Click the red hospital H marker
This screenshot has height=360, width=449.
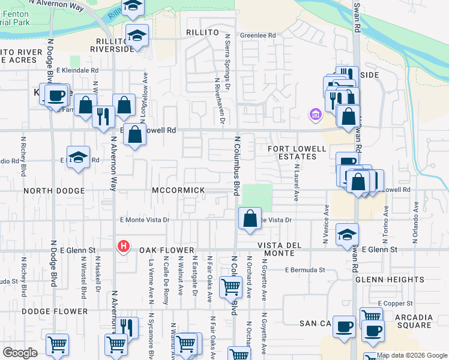tap(124, 246)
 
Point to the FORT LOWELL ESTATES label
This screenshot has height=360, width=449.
tap(292, 152)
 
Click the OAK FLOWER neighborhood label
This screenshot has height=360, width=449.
tap(167, 250)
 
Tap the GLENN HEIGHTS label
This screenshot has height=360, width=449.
tap(390, 280)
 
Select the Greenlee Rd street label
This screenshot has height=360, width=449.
tap(258, 35)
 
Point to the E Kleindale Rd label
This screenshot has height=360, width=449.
tap(77, 70)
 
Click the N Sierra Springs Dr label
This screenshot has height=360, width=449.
tap(228, 62)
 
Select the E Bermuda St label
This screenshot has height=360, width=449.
tap(304, 270)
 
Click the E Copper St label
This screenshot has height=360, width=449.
tap(395, 304)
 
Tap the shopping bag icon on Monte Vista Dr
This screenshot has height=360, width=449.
tap(250, 219)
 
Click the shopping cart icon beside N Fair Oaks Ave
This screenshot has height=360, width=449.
tap(231, 287)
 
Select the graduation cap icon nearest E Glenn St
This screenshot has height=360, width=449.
tap(347, 235)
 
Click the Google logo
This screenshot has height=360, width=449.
tap(20, 353)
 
